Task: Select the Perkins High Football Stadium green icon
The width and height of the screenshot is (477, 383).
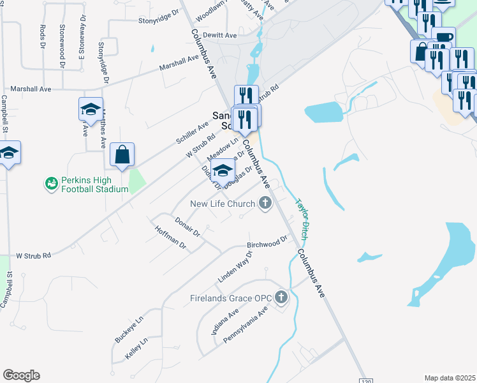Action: coord(51,184)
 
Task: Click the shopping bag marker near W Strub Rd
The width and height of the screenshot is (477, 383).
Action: coord(122,155)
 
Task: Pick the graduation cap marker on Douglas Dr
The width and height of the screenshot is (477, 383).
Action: coord(223,171)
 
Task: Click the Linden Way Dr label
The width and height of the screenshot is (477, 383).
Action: coord(235,267)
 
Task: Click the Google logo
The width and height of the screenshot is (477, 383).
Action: coord(21,375)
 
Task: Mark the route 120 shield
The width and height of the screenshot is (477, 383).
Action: coord(363,379)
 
